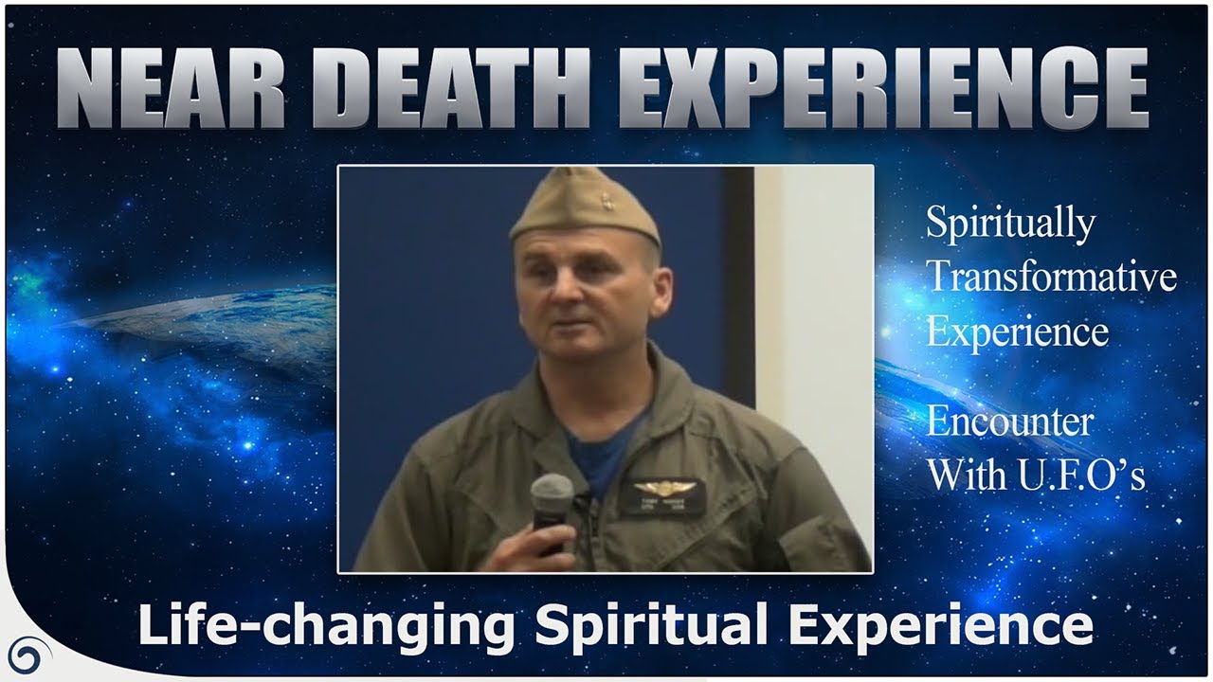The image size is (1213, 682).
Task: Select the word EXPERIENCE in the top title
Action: pos(888,89)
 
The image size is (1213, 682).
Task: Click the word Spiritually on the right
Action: pos(1010,224)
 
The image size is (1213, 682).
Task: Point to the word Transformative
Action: pos(1052,278)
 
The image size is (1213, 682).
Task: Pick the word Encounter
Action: pos(1010,422)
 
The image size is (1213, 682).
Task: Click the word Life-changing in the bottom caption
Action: pos(326,626)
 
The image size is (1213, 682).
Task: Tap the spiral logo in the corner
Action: pos(28,655)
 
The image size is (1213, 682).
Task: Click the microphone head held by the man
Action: pos(552,494)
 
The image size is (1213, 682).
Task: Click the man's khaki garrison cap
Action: pos(584,208)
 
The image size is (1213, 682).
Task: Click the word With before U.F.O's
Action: pos(968,475)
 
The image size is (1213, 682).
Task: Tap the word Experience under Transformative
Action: pos(1018,332)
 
